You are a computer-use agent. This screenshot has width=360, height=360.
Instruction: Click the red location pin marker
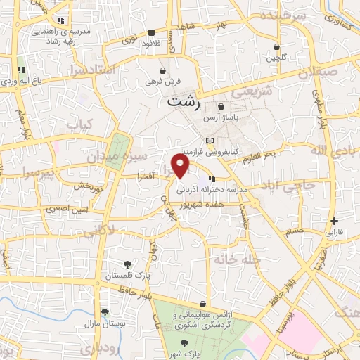(x=181, y=165)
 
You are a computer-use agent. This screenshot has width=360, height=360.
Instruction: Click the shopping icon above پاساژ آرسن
(x=221, y=106)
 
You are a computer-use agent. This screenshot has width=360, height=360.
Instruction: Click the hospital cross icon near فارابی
(x=335, y=220)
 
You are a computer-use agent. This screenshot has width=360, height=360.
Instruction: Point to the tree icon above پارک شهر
(x=184, y=342)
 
